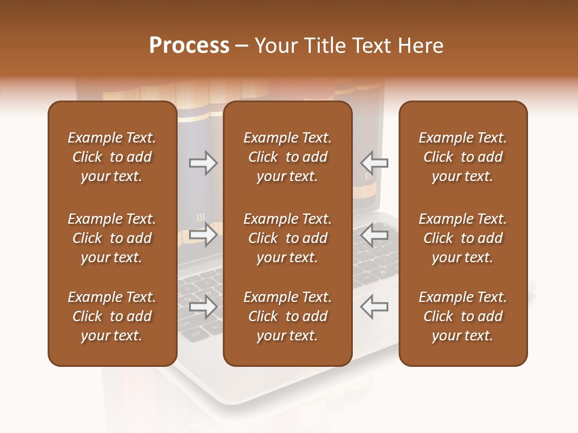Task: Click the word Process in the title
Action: pos(189,46)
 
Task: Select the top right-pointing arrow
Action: pos(203,162)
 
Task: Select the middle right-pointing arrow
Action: pos(203,235)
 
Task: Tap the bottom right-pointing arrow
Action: pos(203,307)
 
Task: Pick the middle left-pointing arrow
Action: pos(374,235)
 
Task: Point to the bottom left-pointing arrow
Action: pos(374,307)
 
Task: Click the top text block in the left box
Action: pos(112,157)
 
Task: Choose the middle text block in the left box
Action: pos(112,238)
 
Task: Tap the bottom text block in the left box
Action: pos(112,316)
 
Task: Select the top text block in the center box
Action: pos(287,157)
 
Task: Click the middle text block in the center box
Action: pos(287,238)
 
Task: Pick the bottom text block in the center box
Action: pos(287,316)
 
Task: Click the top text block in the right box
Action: pos(462,157)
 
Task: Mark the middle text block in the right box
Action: pos(462,238)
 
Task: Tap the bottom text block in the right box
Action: pos(462,316)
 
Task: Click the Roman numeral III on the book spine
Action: pos(200,217)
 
